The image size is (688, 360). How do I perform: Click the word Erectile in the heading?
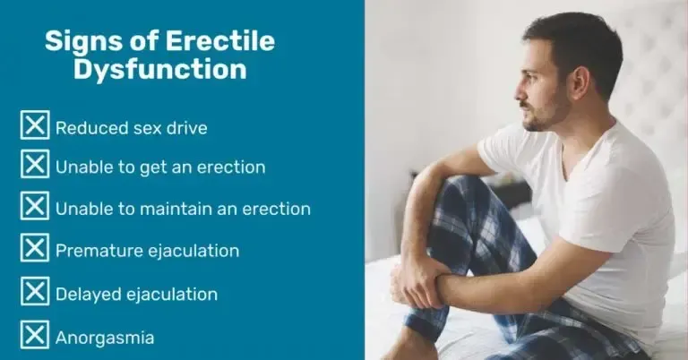[219, 41]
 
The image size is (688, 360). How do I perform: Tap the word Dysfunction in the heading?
[159, 70]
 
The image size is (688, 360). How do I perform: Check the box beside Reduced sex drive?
[35, 125]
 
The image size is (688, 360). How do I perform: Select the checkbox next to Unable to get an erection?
[35, 164]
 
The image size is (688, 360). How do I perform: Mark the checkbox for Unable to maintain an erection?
[35, 205]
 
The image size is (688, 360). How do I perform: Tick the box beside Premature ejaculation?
[35, 247]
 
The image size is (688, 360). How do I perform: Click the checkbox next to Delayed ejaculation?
[35, 291]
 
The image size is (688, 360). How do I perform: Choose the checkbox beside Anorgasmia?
[35, 335]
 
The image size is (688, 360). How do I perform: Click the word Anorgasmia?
[105, 339]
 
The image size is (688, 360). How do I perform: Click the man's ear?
[580, 83]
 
